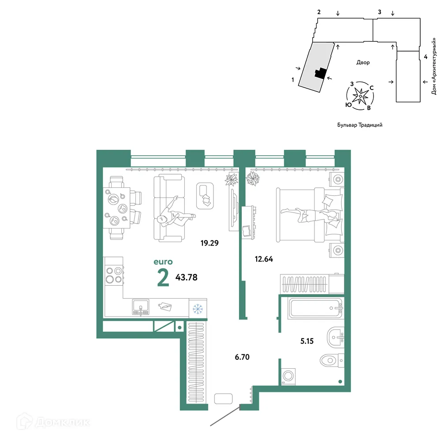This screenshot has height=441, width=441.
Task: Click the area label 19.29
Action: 209,242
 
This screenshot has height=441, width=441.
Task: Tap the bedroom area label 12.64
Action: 264,259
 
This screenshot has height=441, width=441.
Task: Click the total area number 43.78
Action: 187,277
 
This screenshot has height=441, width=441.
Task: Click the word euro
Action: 163,262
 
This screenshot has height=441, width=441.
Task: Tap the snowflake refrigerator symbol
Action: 198,309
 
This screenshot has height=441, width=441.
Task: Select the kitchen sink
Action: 141,307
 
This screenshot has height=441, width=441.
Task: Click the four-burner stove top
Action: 113,275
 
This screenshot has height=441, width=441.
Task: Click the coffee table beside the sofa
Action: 205,195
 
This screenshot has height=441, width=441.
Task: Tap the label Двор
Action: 363,63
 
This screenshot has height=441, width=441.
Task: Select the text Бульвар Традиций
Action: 359,125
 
